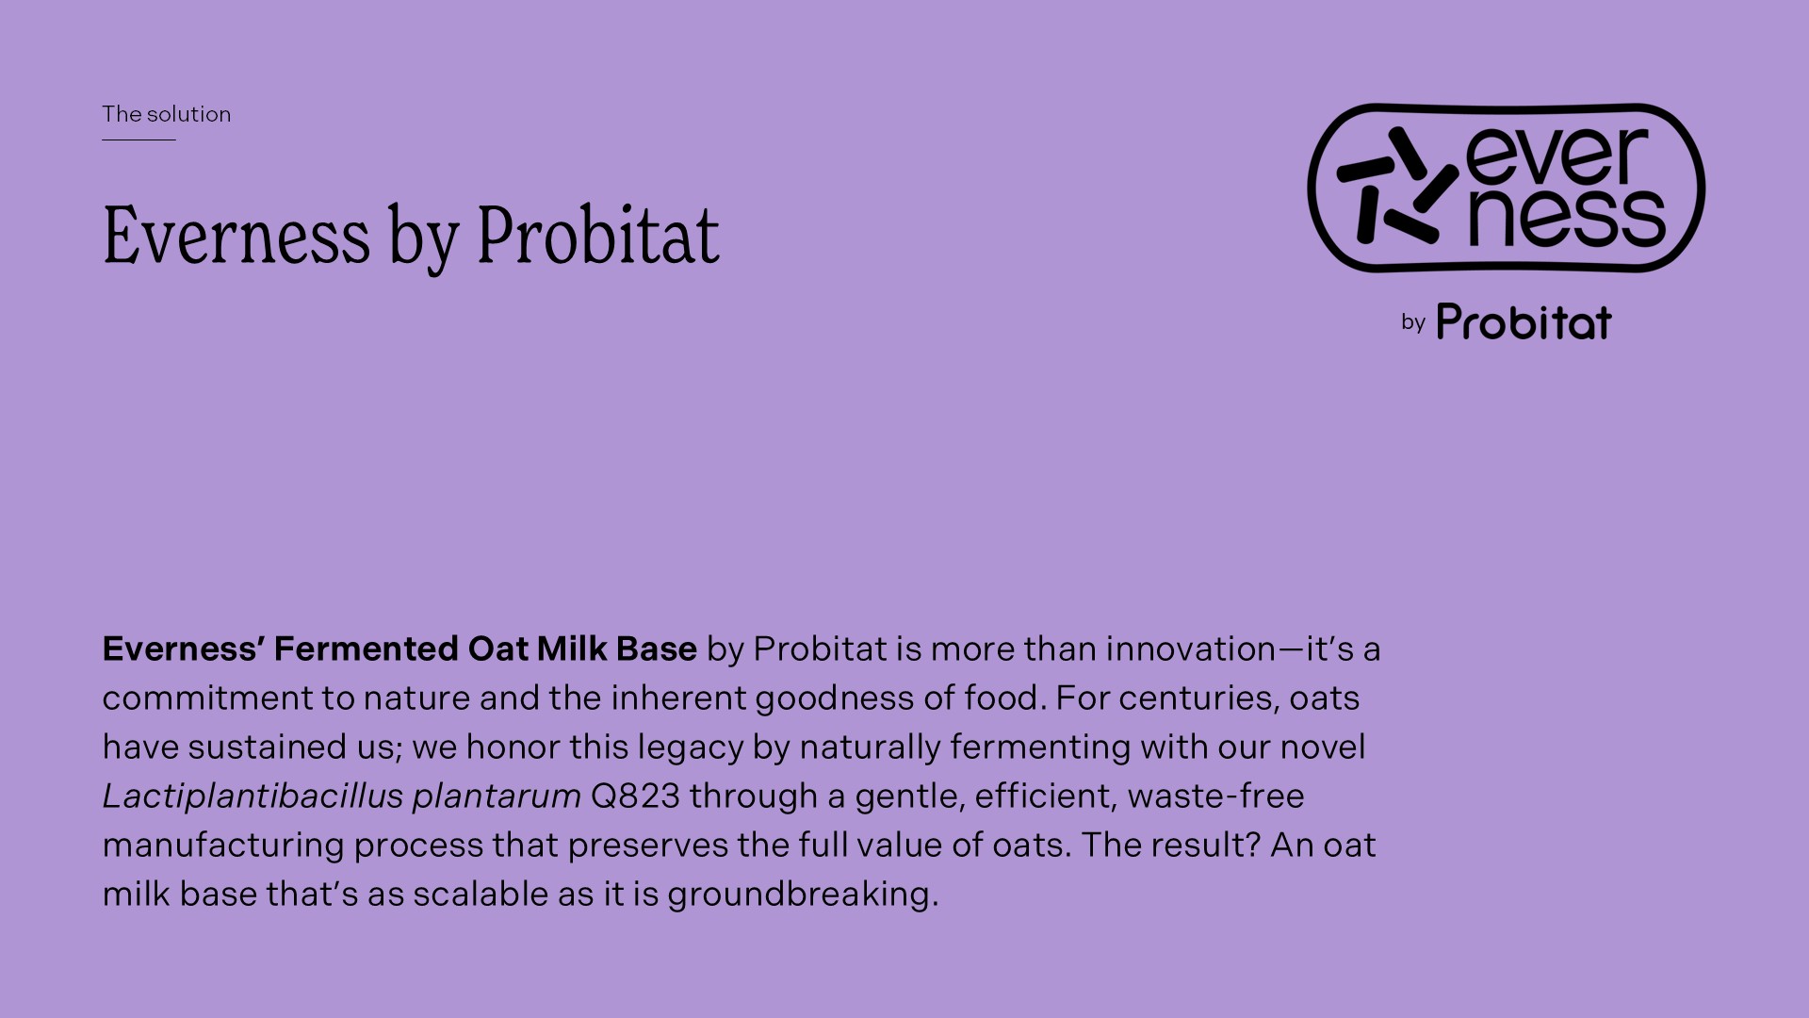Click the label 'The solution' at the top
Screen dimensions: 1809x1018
[x=166, y=114]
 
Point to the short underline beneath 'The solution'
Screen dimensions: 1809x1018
[x=139, y=140]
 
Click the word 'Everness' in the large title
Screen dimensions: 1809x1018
[x=236, y=235]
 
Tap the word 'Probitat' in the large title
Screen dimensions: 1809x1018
[x=598, y=234]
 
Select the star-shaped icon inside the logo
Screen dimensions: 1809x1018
[x=1397, y=187]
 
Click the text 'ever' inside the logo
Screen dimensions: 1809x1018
[x=1557, y=156]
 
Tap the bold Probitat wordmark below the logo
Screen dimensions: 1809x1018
[x=1524, y=321]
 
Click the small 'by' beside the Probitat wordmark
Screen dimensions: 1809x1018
[x=1413, y=322]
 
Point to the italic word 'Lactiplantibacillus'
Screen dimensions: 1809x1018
[x=253, y=796]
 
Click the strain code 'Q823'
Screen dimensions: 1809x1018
[x=635, y=796]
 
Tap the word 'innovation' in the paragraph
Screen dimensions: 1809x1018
[x=1191, y=649]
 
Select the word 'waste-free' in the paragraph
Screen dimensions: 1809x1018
[x=1215, y=796]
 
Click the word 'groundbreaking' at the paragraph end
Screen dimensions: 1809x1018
[x=803, y=895]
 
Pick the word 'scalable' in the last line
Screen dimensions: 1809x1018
[x=481, y=894]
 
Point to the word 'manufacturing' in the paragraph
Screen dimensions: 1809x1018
[x=223, y=846]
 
